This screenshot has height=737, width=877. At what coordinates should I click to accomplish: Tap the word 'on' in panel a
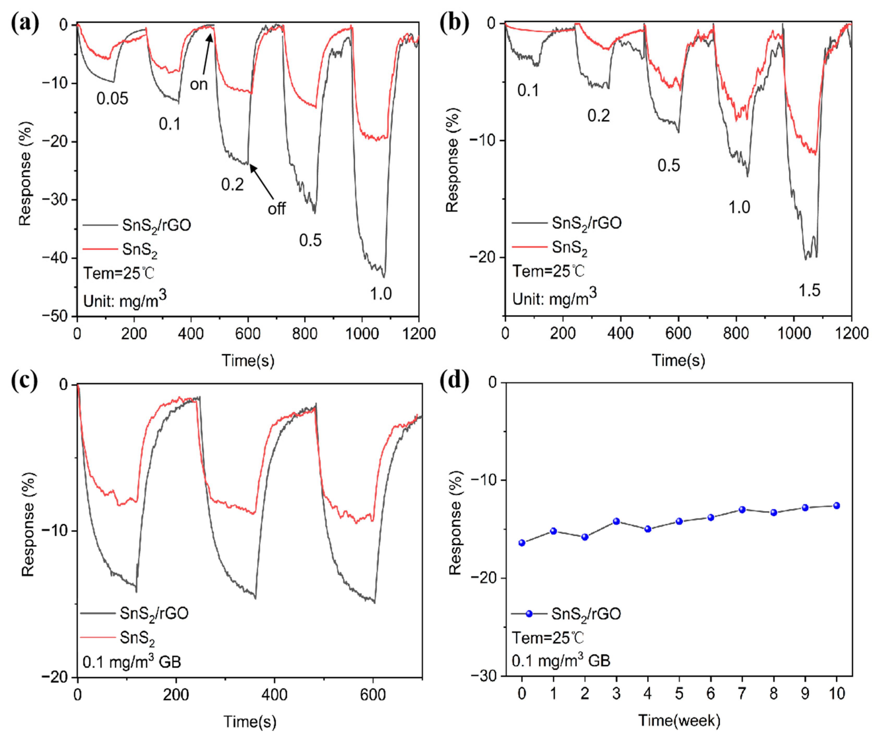point(199,85)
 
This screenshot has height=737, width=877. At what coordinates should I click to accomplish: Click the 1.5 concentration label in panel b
point(809,290)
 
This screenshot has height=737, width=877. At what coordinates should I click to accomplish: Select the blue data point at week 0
point(522,543)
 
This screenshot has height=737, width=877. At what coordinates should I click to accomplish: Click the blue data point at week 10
point(837,505)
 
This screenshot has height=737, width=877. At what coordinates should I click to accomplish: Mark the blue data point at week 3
point(616,521)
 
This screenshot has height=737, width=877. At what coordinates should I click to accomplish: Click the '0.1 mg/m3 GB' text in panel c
point(132,662)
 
